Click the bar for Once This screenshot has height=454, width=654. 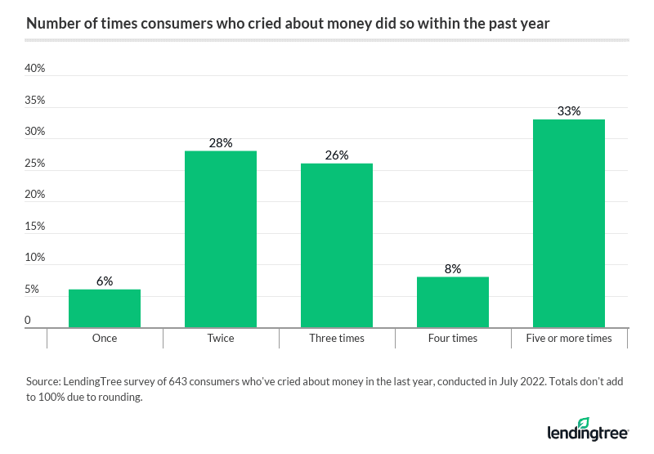[x=105, y=308]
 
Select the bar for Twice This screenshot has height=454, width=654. [x=221, y=239]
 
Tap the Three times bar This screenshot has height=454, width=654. [x=337, y=245]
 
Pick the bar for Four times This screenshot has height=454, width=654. [x=453, y=302]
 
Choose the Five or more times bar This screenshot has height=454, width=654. [x=569, y=223]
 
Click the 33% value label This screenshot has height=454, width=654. [x=569, y=111]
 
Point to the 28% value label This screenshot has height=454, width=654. [x=221, y=143]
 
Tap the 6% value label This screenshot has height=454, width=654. [x=105, y=281]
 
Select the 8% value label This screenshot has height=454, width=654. [x=453, y=268]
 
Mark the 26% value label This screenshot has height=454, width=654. [x=337, y=155]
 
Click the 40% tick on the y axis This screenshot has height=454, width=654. [x=35, y=69]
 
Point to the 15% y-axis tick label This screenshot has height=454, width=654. [x=35, y=227]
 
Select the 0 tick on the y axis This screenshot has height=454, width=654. [x=28, y=321]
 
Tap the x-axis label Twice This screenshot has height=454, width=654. [x=221, y=338]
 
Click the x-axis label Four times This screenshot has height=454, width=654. [x=453, y=338]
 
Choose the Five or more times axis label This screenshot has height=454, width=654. [x=569, y=338]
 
